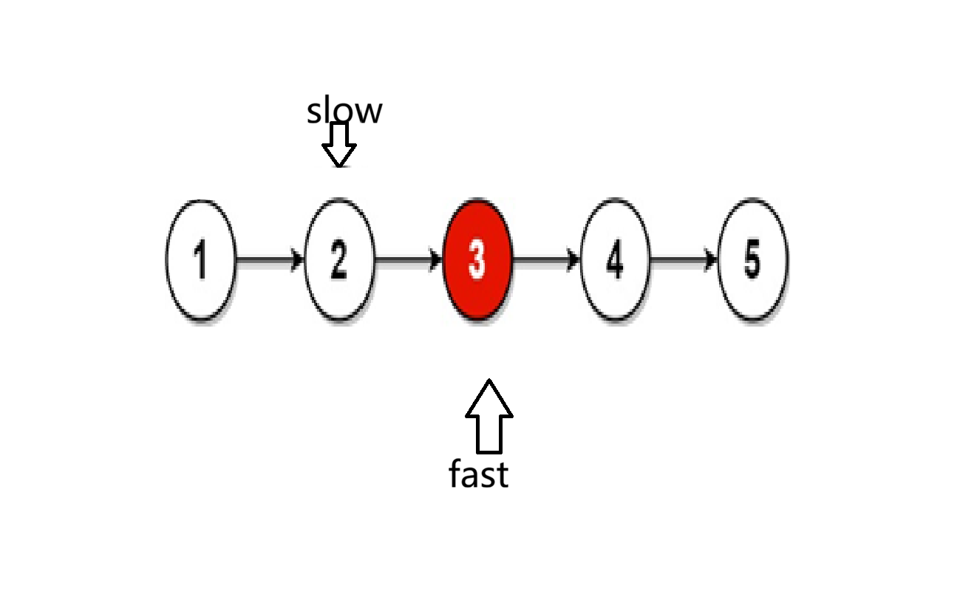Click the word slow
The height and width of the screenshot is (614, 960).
344,112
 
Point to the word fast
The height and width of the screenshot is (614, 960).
479,474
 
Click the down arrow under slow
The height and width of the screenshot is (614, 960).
339,144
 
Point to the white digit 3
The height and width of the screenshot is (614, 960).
477,260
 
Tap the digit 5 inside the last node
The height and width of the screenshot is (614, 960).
752,260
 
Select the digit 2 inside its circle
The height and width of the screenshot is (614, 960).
338,260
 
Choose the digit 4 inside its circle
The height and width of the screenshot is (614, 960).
615,260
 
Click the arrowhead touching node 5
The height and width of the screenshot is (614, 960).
711,259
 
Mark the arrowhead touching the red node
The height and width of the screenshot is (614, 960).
436,259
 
